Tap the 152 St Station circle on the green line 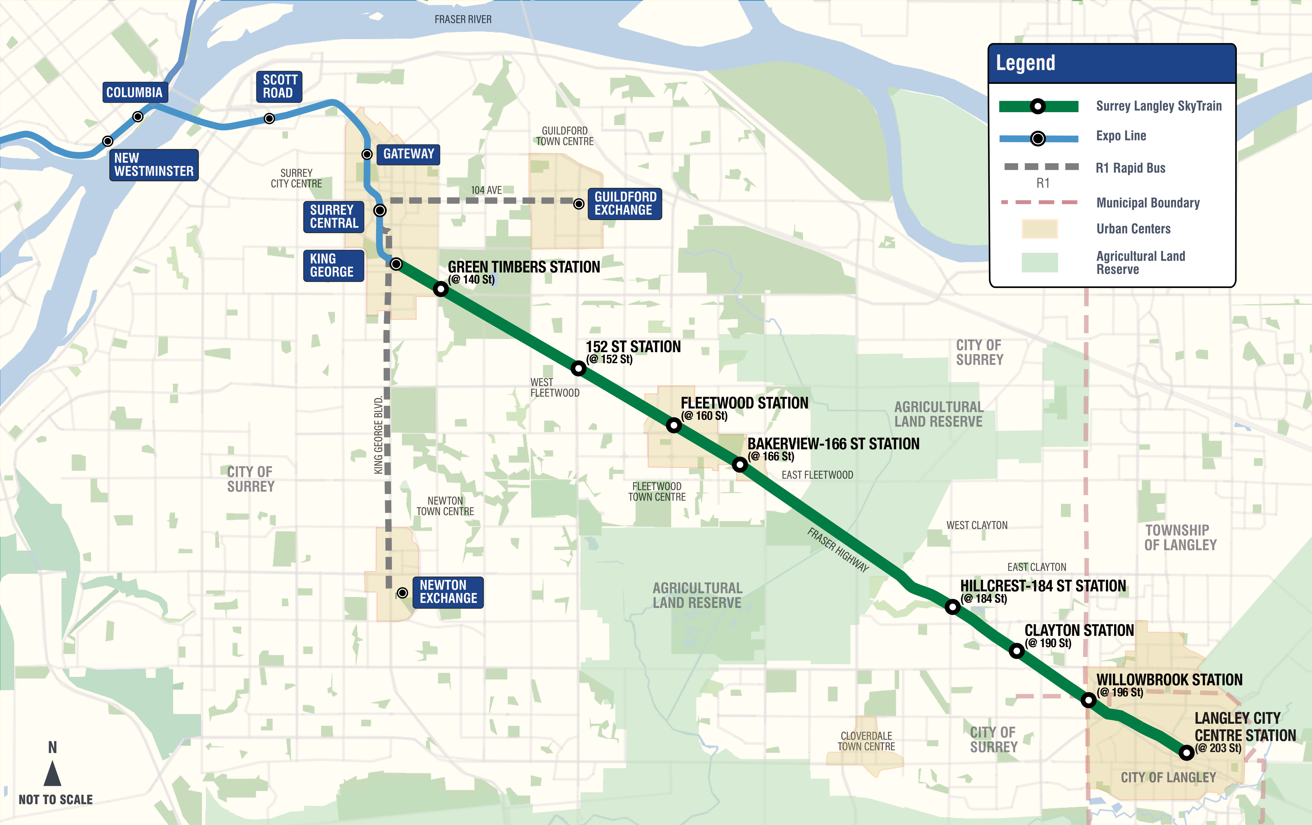tap(579, 368)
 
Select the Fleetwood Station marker tap(674, 425)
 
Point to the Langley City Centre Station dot tap(1186, 753)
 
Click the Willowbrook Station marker tap(1089, 700)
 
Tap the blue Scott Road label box tap(279, 87)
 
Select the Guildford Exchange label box tap(625, 204)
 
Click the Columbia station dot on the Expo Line tap(138, 117)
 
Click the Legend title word tap(1025, 63)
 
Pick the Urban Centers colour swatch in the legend tap(1039, 229)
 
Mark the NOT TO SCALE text tap(55, 799)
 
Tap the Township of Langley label tap(1180, 538)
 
